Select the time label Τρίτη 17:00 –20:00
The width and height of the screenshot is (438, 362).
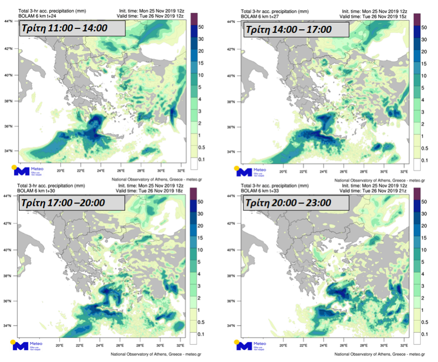71,203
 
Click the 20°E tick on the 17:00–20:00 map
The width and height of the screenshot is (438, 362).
59,345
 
